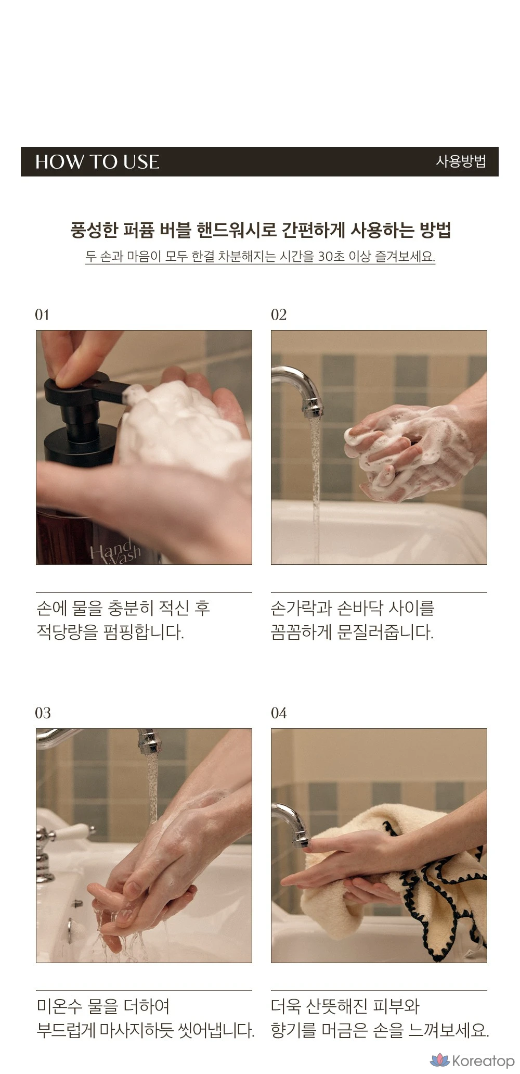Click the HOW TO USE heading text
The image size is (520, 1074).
(97, 162)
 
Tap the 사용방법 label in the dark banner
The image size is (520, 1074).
(461, 161)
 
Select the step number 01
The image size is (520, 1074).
(42, 314)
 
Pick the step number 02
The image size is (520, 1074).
(279, 314)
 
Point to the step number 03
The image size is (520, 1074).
(43, 713)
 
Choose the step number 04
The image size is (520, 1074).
(279, 713)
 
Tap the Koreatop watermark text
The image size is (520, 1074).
(483, 1060)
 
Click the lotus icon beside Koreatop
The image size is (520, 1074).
(440, 1059)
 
